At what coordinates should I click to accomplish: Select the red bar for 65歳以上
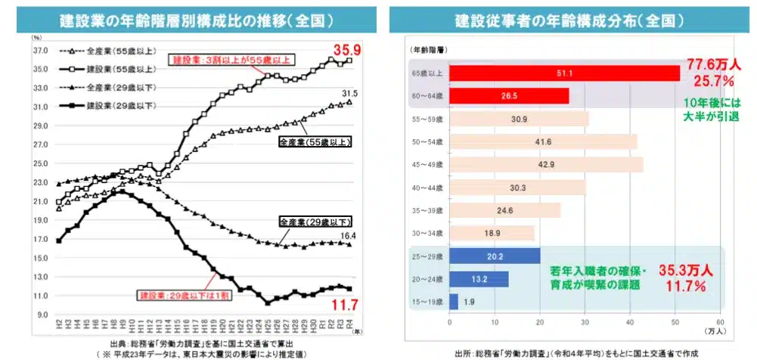pyautogui.click(x=564, y=73)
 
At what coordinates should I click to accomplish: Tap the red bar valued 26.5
pyautogui.click(x=509, y=96)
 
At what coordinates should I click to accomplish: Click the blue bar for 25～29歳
pyautogui.click(x=495, y=256)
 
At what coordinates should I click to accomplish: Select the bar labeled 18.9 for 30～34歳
pyautogui.click(x=492, y=234)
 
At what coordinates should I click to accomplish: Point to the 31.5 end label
pyautogui.click(x=349, y=93)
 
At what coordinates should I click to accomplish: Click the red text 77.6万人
pyautogui.click(x=712, y=64)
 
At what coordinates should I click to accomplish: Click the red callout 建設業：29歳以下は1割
pyautogui.click(x=185, y=294)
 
